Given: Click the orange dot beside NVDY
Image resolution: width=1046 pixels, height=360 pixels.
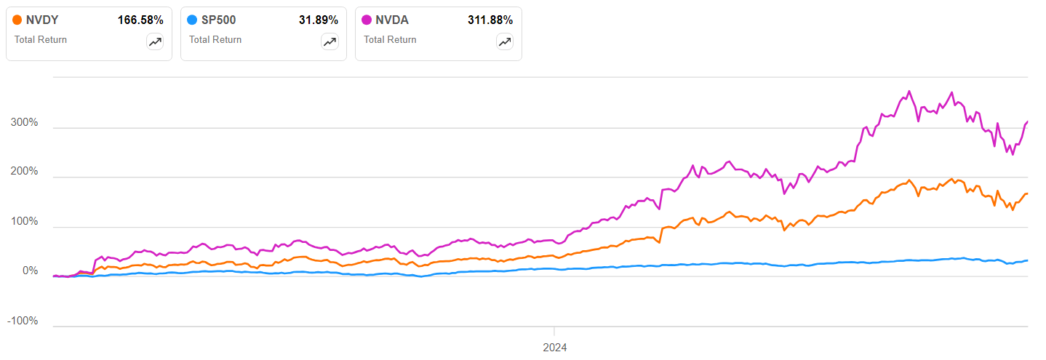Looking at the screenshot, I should click(x=17, y=20).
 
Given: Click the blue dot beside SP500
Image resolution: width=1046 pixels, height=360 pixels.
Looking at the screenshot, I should click(x=192, y=20).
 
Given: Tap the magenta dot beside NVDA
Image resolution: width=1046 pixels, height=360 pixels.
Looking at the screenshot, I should click(x=367, y=20).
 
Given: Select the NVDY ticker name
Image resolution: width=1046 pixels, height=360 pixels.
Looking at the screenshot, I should click(x=42, y=20).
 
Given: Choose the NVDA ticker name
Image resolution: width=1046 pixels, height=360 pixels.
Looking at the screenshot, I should click(x=392, y=20).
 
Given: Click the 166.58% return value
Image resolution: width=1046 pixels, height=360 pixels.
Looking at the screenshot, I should click(x=140, y=20).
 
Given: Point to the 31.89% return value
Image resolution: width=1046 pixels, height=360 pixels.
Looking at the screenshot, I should click(x=318, y=20).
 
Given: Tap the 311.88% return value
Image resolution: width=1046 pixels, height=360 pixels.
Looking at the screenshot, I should click(x=490, y=20).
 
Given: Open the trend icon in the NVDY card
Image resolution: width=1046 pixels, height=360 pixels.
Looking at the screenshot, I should click(x=155, y=42).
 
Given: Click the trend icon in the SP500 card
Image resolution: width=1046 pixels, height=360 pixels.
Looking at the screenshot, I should click(x=330, y=42).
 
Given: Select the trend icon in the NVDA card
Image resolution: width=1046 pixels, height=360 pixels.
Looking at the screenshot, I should click(x=504, y=42).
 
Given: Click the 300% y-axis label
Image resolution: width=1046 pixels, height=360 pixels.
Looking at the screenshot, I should click(x=24, y=123).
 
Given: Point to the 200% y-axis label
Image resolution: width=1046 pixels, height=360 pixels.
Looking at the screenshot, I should click(x=24, y=172).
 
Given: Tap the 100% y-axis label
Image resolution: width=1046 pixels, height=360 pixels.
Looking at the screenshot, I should click(x=24, y=222).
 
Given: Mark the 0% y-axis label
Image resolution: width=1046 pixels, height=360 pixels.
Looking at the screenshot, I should click(x=29, y=271).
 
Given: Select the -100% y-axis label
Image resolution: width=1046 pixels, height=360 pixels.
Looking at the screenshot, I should click(x=23, y=321).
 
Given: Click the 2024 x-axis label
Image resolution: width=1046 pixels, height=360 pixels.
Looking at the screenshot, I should click(x=554, y=348).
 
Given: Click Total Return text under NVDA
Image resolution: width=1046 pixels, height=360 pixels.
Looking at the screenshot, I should click(x=390, y=40).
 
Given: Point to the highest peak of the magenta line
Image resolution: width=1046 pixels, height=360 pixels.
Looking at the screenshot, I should click(x=909, y=92).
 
